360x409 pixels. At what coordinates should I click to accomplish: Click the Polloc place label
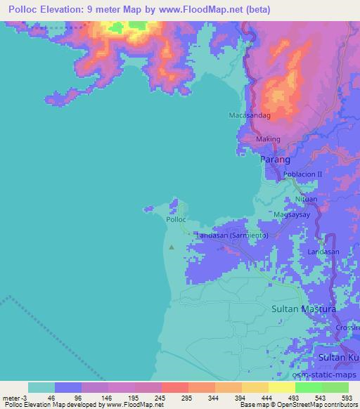click(176, 219)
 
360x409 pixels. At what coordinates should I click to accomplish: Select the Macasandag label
click(250, 115)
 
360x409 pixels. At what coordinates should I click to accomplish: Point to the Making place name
click(267, 139)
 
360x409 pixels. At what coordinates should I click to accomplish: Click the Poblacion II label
click(302, 174)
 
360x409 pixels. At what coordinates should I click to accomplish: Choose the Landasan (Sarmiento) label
click(231, 235)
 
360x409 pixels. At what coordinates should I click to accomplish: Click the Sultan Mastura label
click(304, 309)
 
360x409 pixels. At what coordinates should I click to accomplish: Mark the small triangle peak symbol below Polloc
click(172, 247)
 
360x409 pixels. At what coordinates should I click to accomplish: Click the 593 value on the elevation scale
click(346, 398)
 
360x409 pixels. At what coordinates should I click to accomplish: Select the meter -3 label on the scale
click(14, 398)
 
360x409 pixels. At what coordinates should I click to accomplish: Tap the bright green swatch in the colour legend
click(309, 387)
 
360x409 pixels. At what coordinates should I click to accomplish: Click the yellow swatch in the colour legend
click(255, 387)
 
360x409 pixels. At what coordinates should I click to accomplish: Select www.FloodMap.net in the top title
click(195, 9)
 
